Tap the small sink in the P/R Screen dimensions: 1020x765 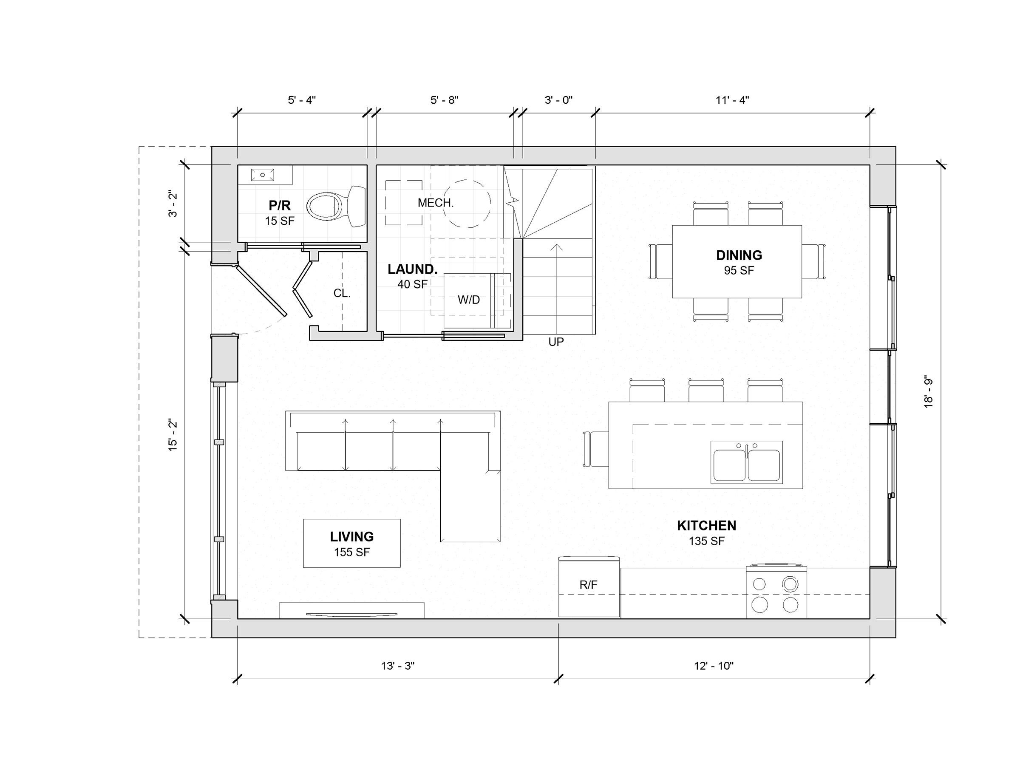(x=262, y=175)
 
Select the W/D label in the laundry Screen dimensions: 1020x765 (x=468, y=300)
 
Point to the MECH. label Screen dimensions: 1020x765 (x=435, y=203)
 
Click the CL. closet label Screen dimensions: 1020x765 (x=342, y=293)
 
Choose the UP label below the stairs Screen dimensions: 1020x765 (x=556, y=342)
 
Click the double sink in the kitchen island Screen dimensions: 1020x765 (x=747, y=462)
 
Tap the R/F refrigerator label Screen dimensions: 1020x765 (x=588, y=585)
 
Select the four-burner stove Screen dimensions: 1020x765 (x=776, y=592)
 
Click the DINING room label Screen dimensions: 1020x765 (x=739, y=255)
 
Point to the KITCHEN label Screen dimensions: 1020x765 (x=706, y=525)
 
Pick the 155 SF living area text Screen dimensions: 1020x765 (x=352, y=552)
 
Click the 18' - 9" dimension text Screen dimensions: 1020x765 (x=928, y=392)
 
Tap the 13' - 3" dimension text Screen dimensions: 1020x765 (x=397, y=666)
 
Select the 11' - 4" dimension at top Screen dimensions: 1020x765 (x=732, y=100)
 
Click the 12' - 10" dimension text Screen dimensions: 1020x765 (x=714, y=666)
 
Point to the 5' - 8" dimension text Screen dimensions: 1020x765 (x=444, y=100)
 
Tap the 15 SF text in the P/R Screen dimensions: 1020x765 (x=280, y=221)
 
